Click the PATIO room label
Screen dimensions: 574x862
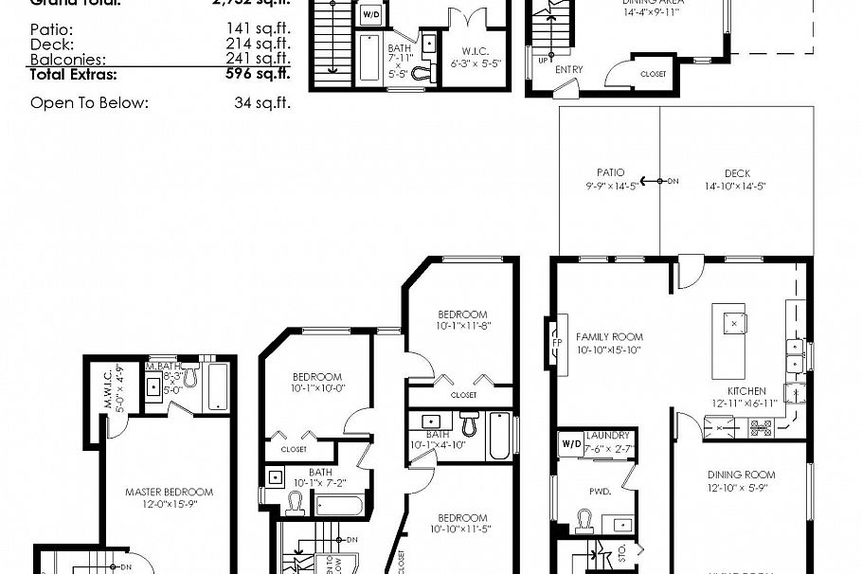pyautogui.click(x=610, y=172)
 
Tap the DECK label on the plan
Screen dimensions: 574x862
pyautogui.click(x=737, y=172)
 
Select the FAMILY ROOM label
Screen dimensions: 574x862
pyautogui.click(x=609, y=336)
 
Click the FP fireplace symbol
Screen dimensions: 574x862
pyautogui.click(x=557, y=342)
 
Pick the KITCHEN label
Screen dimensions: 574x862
pyautogui.click(x=746, y=390)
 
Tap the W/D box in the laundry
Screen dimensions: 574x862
pyautogui.click(x=571, y=442)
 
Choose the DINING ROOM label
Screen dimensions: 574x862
pyautogui.click(x=741, y=475)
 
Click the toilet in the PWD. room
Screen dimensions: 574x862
pyautogui.click(x=584, y=520)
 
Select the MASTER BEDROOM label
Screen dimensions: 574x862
pyautogui.click(x=169, y=492)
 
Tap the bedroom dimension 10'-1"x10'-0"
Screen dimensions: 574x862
pyautogui.click(x=317, y=387)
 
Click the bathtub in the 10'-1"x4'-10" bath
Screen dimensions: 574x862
pyautogui.click(x=498, y=437)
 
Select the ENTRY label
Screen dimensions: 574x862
pyautogui.click(x=569, y=69)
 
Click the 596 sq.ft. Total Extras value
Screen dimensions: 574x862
pyautogui.click(x=258, y=73)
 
